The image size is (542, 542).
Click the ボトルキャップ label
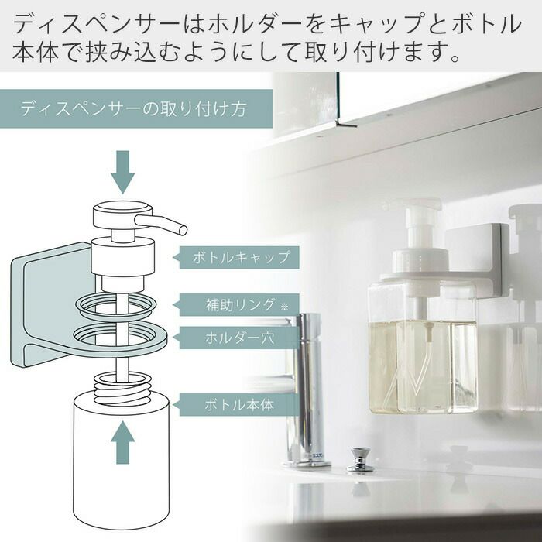239,257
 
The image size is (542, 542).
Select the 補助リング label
239,305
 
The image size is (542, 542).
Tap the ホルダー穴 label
239,338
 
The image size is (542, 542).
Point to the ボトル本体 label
239,405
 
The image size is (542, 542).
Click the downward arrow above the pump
122,172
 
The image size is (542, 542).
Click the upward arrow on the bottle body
122,442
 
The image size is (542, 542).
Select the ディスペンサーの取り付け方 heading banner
136,108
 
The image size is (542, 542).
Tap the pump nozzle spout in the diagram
161,224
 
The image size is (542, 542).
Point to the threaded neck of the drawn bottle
122,388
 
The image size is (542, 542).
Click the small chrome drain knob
360,459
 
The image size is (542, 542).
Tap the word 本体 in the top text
36,52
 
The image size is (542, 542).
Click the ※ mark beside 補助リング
284,307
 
